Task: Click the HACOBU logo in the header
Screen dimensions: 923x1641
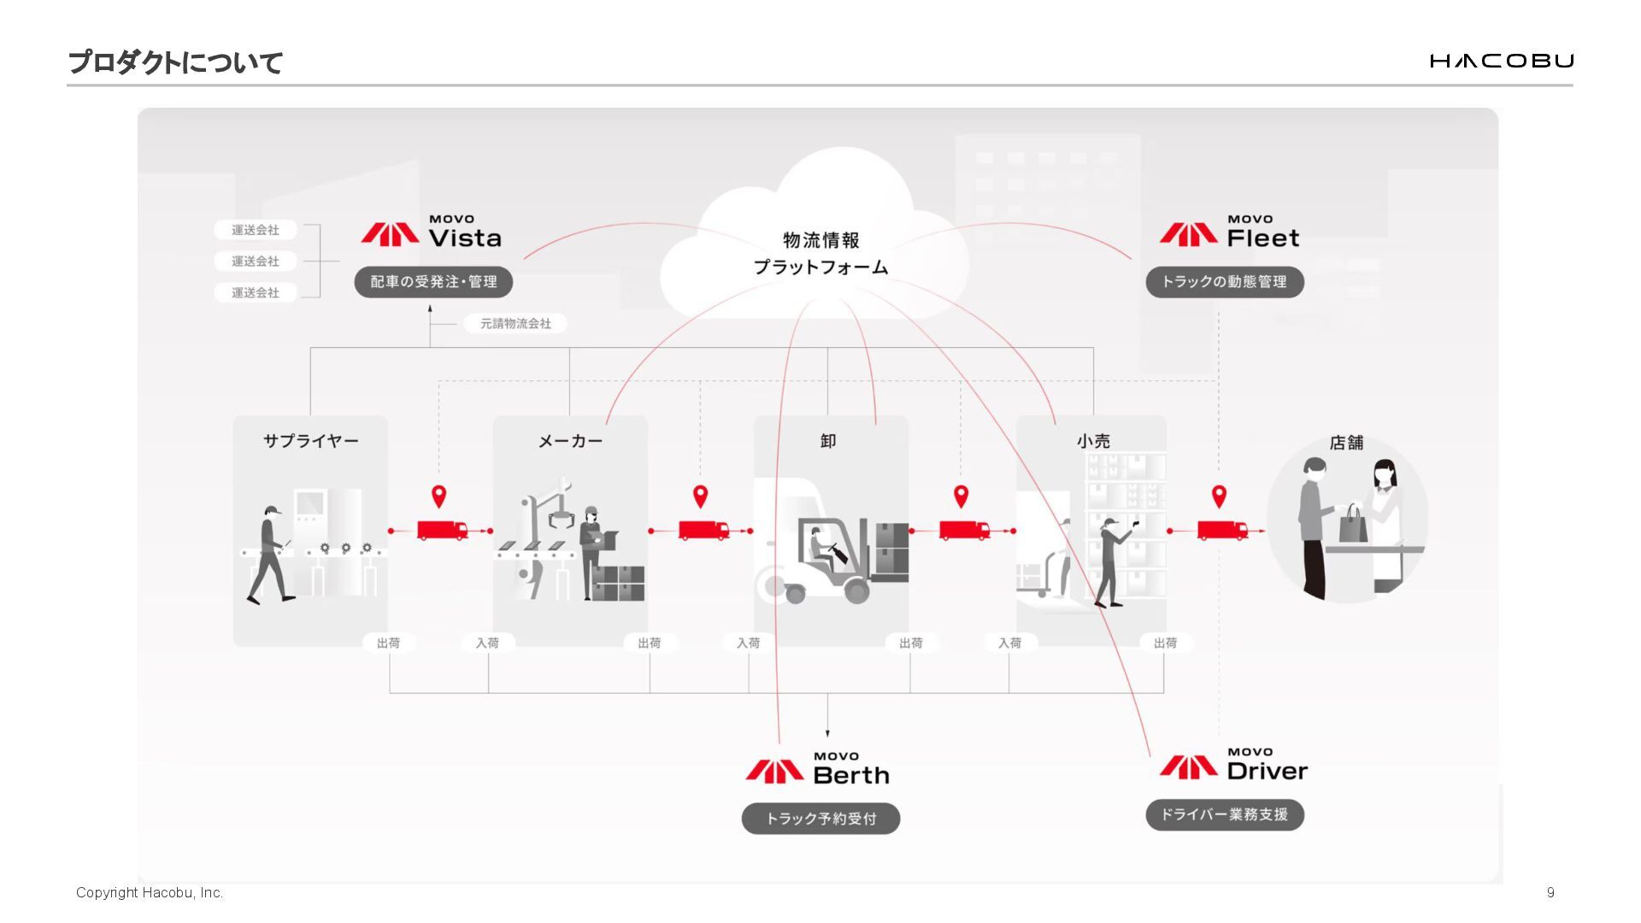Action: pos(1501,61)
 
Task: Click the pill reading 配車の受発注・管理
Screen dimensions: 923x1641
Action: pos(433,282)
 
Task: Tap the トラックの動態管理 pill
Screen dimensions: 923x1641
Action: pos(1224,282)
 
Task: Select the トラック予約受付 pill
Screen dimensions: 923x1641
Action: pos(820,819)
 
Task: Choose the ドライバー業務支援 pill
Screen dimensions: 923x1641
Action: pos(1224,814)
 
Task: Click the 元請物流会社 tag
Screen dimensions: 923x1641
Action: pos(515,324)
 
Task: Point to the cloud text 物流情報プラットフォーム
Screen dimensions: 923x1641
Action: pos(820,254)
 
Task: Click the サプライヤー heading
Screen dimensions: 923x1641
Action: pos(310,441)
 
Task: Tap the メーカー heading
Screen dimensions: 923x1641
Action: pos(570,441)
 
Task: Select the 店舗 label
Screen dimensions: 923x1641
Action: pos(1346,443)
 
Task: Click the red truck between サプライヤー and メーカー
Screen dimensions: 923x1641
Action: pos(442,530)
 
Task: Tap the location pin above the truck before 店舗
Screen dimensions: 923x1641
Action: pos(1219,496)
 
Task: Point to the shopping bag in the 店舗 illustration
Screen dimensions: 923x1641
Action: pos(1352,525)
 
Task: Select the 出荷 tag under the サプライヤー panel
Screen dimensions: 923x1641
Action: pos(388,643)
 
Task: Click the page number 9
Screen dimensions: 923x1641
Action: pos(1550,892)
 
